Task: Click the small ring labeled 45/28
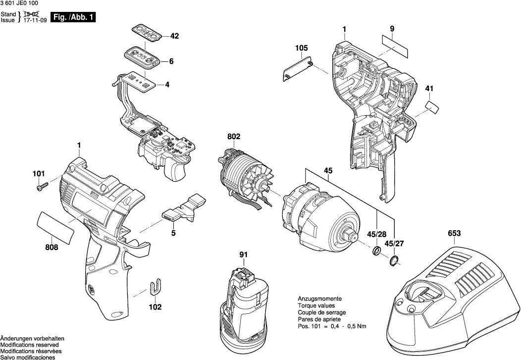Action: [376, 252]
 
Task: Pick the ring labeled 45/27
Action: [394, 260]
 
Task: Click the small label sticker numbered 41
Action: [433, 106]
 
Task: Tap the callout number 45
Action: [328, 171]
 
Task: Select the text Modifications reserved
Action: [29, 345]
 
